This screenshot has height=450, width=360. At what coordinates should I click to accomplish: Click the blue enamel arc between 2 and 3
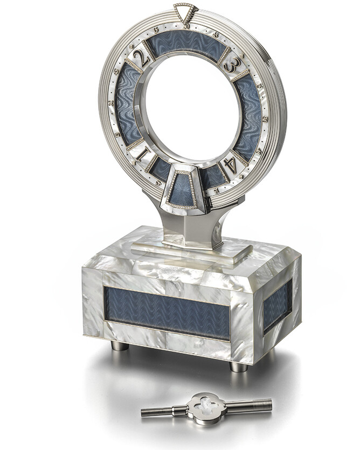pos(185,43)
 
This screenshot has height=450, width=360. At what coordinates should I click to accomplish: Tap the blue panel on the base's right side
pos(277,304)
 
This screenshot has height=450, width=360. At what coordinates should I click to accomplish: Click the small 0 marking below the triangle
pos(186,26)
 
